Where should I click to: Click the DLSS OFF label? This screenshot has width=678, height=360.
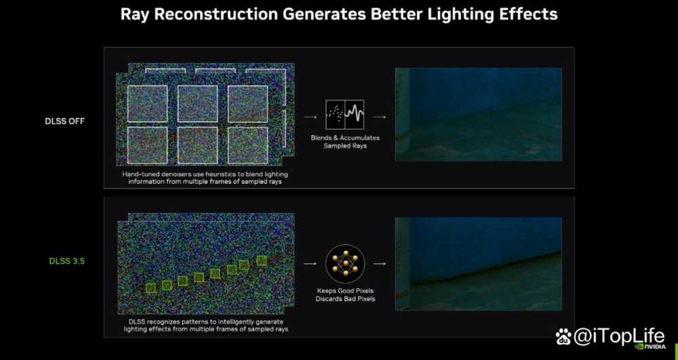(x=65, y=121)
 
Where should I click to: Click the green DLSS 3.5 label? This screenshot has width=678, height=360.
(x=66, y=261)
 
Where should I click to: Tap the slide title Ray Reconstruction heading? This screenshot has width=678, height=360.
(x=339, y=14)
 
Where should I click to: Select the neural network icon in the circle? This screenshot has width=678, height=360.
(x=345, y=264)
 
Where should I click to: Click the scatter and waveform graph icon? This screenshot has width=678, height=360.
(x=344, y=115)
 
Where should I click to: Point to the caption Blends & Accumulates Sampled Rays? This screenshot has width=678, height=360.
(x=345, y=142)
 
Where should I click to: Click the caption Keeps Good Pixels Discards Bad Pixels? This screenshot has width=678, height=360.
(x=345, y=294)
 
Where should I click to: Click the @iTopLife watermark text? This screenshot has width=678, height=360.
(x=619, y=336)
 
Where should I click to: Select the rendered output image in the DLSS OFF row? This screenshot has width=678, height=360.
(x=479, y=115)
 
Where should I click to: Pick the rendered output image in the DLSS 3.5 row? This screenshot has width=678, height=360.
(x=479, y=264)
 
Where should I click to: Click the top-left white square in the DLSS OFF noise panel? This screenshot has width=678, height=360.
(x=147, y=104)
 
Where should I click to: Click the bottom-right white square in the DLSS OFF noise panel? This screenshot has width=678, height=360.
(x=247, y=145)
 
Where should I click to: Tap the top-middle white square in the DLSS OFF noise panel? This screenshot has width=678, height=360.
(x=197, y=104)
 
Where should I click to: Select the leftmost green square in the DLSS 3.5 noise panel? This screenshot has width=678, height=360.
(x=151, y=288)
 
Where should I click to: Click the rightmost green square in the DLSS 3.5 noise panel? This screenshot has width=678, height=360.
(x=261, y=260)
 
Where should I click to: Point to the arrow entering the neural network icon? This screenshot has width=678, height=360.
(x=310, y=264)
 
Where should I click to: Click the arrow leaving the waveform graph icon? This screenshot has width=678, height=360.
(x=380, y=117)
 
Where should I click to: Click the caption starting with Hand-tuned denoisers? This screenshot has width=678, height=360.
(x=205, y=178)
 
